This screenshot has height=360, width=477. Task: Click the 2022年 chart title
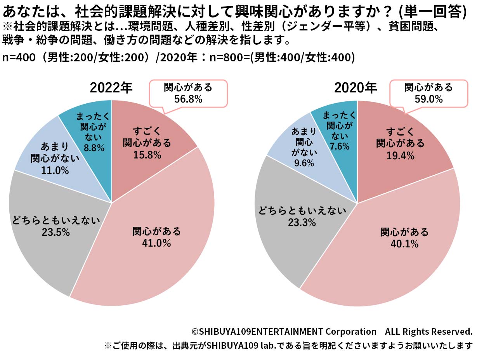[111, 88]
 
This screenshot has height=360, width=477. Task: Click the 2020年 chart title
[356, 88]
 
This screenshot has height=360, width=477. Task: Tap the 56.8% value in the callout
[188, 99]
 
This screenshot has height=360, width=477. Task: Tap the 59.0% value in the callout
[428, 99]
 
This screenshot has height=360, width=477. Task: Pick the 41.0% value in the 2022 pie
[157, 243]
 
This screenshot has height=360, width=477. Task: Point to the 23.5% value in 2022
[57, 232]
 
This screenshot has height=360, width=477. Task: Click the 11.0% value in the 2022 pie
[55, 170]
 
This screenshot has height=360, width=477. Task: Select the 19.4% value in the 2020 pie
[401, 156]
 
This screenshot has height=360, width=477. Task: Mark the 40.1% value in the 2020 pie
[404, 244]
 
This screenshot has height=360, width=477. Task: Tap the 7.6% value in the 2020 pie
[340, 146]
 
